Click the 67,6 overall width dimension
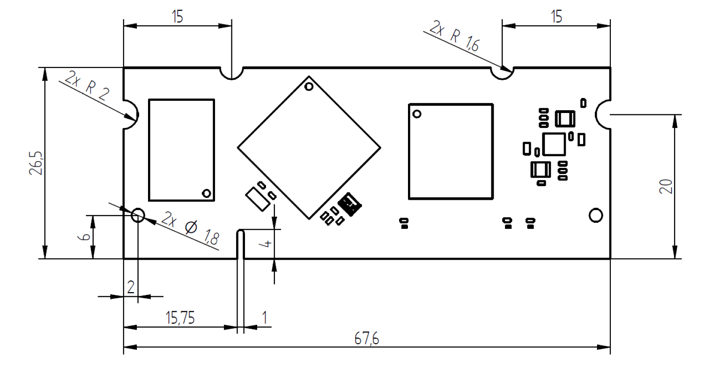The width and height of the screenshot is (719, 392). point(367,339)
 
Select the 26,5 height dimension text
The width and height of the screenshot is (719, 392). point(36,163)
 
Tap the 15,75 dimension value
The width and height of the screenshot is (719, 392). point(180,318)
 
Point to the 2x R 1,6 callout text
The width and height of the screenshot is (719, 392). point(455,36)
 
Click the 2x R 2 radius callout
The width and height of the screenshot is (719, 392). point(87,86)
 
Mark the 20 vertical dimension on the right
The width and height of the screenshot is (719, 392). point(666,186)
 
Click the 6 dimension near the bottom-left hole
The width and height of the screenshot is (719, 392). point(84,237)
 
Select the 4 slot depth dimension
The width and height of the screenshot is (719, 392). point(267,244)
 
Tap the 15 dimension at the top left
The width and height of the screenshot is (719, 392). point(178,17)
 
